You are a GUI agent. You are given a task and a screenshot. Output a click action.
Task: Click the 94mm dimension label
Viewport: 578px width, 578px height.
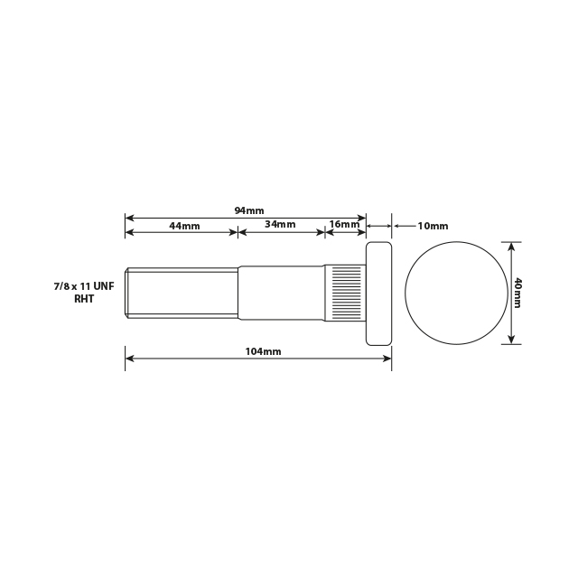tap(243, 210)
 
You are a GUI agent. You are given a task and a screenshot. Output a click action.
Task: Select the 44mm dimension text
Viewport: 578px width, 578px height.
tap(184, 225)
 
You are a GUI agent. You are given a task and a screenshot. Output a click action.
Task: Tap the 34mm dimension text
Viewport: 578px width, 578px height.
tap(280, 224)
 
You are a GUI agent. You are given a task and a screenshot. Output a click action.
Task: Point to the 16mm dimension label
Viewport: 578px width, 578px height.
tap(343, 224)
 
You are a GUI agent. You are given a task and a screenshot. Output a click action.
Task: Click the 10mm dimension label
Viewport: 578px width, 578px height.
tap(433, 226)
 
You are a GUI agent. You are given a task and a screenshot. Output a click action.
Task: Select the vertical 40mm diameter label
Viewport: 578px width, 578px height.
tap(517, 293)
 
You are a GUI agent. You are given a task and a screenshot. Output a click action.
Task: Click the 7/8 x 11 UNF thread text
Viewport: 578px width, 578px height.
tap(84, 285)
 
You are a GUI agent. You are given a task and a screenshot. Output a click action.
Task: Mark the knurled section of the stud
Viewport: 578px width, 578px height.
tap(344, 293)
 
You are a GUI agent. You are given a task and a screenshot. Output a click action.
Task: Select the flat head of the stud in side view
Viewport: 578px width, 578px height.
tap(378, 293)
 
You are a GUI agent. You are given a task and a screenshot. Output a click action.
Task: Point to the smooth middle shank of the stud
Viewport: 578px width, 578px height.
tap(281, 293)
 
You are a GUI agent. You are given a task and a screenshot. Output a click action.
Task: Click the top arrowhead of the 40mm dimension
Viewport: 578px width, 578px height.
tap(511, 246)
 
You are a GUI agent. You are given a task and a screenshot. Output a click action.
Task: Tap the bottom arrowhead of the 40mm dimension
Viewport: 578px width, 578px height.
tap(511, 340)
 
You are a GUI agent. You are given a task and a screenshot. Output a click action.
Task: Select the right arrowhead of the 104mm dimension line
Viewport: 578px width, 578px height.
tap(387, 359)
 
